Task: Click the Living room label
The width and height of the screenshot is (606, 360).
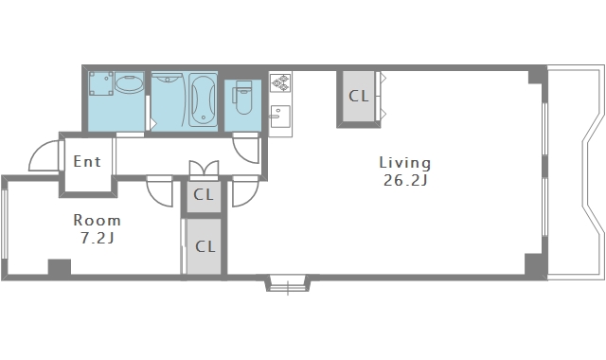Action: coord(404,163)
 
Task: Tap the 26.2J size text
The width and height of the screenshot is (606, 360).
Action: coord(405,181)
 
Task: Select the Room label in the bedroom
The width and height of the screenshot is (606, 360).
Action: coord(97,221)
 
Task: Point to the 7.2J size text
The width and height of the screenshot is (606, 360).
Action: coord(98,238)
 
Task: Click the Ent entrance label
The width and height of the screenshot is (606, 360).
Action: coord(87,162)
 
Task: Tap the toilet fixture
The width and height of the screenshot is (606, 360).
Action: coord(242,97)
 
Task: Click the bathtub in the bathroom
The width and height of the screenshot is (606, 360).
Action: coord(203,100)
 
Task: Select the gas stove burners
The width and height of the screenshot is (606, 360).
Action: coord(280,82)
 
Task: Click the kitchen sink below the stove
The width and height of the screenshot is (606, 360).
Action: coord(280,117)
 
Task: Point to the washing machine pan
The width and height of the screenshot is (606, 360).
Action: coord(101,83)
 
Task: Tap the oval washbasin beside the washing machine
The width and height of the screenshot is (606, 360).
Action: coord(129,84)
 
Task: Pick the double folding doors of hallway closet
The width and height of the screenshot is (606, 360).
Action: coord(204,170)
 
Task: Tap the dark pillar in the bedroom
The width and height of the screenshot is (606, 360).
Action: coord(60,267)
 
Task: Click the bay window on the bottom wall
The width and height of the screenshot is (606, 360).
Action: coord(288,283)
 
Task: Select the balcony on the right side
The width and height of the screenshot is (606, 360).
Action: coord(577,172)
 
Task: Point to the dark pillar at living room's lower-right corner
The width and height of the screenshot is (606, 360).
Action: coord(534,264)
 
